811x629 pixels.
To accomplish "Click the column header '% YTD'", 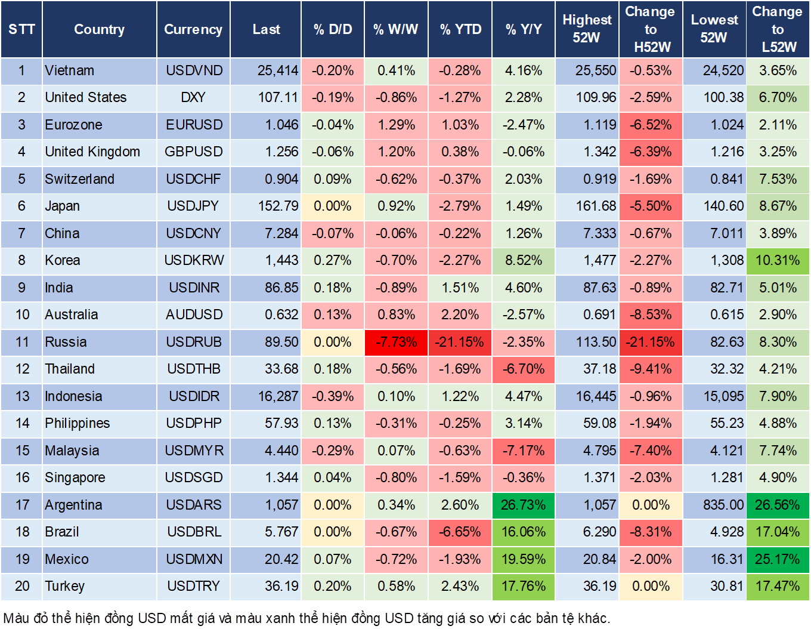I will pos(460,29).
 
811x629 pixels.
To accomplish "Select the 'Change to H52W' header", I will pos(651,29).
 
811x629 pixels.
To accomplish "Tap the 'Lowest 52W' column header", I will pos(714,29).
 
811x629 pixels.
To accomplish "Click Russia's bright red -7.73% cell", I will pos(396,342).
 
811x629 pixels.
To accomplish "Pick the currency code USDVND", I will pos(194,70).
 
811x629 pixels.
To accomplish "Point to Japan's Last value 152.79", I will pos(278,206).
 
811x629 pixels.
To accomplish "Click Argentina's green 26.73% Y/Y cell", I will pos(523,505).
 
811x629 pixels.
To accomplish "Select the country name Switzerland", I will pos(79,179).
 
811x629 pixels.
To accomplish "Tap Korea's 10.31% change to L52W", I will pos(778,260).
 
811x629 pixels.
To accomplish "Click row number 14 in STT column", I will pos(22,423).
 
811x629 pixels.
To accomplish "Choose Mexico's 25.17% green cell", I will pos(778,559).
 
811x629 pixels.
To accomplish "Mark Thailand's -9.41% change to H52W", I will pos(651,369).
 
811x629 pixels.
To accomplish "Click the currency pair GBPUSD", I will pos(194,152).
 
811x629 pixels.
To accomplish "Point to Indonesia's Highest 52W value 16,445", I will pos(596,396).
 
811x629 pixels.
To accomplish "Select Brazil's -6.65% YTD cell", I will pos(460,532).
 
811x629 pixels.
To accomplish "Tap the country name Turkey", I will pos(64,586).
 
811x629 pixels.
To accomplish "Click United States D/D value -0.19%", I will pos(333,97).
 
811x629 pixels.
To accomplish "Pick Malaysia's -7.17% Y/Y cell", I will pos(523,451).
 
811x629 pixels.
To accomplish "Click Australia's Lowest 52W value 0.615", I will pos(726,314).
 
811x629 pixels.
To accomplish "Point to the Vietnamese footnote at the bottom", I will pos(307,618).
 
